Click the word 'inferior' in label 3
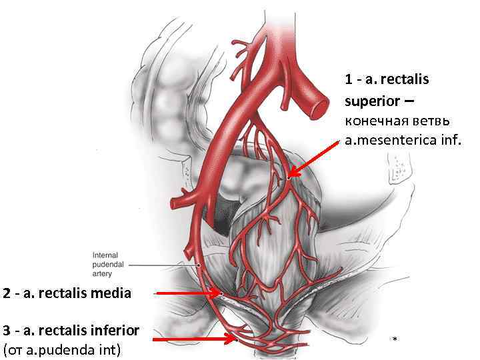coord(116,330)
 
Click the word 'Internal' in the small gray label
coord(105,254)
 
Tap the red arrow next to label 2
coord(187,293)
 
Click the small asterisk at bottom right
coord(395,340)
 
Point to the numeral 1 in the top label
coord(349,80)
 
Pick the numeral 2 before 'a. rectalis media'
coord(6,293)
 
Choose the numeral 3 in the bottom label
coord(6,330)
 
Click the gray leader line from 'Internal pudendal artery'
coord(160,265)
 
